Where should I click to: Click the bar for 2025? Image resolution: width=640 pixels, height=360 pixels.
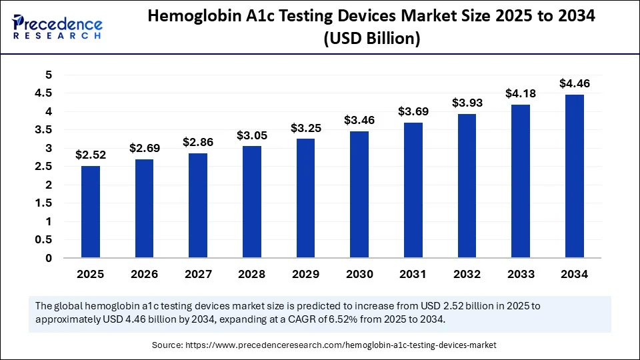(91, 212)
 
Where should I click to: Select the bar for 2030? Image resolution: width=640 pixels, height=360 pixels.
(359, 195)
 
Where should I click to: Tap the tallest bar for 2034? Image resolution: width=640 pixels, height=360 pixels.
(575, 176)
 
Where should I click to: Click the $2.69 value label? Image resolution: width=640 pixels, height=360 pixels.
(144, 149)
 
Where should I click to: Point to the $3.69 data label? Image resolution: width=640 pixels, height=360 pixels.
(413, 111)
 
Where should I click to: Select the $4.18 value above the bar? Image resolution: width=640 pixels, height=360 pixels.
(521, 94)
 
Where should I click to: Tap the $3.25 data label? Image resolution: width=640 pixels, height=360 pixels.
(305, 127)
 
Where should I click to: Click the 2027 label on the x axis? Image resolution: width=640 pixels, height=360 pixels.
(198, 274)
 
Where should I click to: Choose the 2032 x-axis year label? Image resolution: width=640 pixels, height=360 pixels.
(467, 274)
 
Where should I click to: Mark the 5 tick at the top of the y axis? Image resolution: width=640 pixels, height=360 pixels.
(48, 75)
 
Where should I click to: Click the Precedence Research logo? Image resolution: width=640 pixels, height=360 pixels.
(57, 27)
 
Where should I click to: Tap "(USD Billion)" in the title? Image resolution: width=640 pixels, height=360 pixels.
(371, 39)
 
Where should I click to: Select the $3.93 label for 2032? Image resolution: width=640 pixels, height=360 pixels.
(467, 103)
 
